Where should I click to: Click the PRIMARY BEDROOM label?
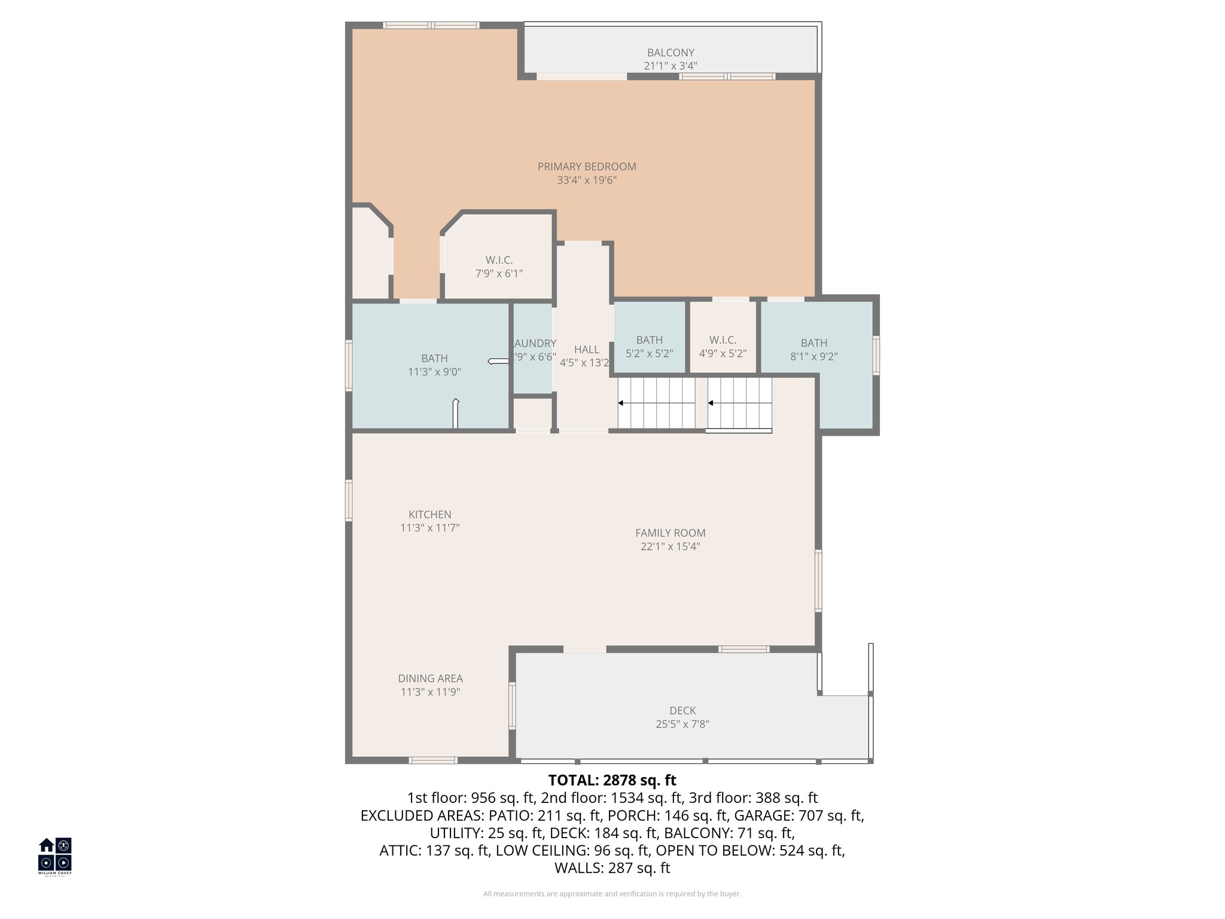point(586,167)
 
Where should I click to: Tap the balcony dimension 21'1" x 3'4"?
point(670,66)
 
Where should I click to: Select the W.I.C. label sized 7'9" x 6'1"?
point(499,260)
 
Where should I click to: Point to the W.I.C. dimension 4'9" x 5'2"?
point(723,354)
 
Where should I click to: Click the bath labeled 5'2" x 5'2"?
point(649,340)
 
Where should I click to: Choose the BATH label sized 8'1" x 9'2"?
point(813,343)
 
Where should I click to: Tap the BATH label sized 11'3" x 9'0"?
point(434,358)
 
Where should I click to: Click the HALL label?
point(586,349)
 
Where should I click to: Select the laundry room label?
point(535,343)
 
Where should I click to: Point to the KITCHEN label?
point(429,515)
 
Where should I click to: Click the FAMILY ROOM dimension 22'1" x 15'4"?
point(670,546)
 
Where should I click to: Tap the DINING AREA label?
point(430,678)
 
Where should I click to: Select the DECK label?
point(682,711)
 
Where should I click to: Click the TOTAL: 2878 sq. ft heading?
point(612,780)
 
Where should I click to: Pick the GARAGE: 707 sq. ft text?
point(799,815)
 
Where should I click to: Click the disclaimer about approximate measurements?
point(612,894)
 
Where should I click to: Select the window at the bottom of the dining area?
point(433,760)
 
